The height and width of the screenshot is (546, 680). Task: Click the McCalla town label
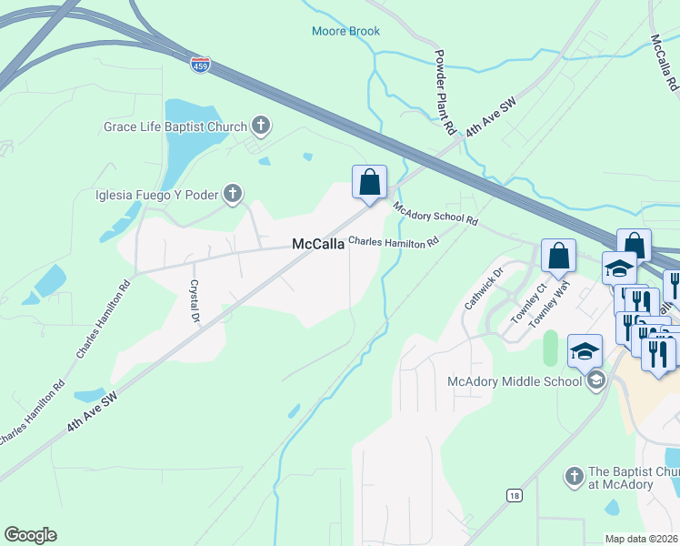(317, 244)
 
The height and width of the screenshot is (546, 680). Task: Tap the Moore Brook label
(345, 31)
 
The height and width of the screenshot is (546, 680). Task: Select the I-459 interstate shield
(200, 66)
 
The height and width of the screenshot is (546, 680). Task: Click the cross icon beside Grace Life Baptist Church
(260, 126)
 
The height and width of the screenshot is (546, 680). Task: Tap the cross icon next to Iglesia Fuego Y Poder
(233, 193)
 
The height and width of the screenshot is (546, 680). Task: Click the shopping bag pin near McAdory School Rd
(370, 183)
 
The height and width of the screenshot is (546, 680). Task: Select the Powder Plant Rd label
(444, 92)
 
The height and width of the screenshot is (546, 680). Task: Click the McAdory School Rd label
(435, 213)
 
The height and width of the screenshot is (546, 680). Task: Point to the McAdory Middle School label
(515, 381)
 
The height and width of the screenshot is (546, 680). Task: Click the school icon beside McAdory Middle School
(595, 380)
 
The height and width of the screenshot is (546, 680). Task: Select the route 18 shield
(515, 494)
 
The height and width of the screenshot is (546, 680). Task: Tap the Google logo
(30, 535)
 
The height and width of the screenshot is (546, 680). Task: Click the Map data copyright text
(642, 539)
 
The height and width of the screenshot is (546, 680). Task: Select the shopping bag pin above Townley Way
(558, 257)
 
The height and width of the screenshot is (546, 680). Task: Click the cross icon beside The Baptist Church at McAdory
(574, 476)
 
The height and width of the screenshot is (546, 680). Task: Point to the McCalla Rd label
(664, 62)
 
